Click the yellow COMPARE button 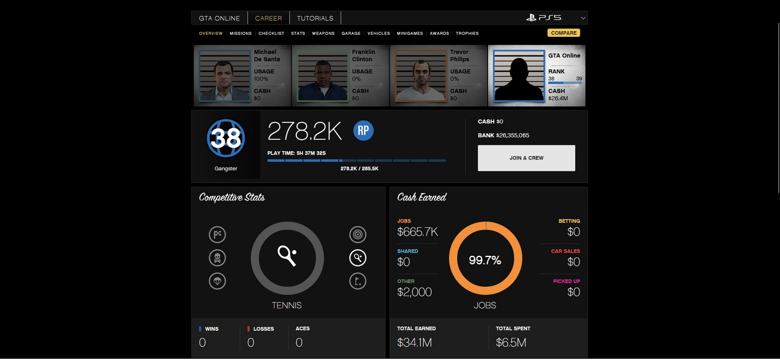[x=563, y=33]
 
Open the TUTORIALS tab [x=315, y=18]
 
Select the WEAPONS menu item [x=323, y=33]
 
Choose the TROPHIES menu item [x=467, y=33]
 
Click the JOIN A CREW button [x=526, y=158]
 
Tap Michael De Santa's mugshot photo [x=225, y=76]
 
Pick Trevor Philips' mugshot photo [x=421, y=76]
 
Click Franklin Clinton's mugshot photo [x=323, y=76]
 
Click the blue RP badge [x=363, y=131]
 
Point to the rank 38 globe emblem [x=226, y=138]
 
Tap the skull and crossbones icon [x=217, y=258]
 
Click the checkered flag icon [x=217, y=235]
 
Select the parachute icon [x=217, y=281]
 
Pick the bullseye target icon [x=358, y=235]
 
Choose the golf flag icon [x=358, y=281]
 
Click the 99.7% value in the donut [x=485, y=260]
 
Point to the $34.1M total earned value [x=415, y=343]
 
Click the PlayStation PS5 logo [x=544, y=18]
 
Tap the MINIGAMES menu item [x=410, y=33]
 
